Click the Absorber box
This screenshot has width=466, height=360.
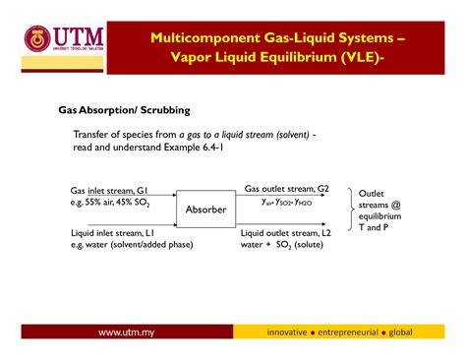[x=206, y=210]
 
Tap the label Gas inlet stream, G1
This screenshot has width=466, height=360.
[x=107, y=189]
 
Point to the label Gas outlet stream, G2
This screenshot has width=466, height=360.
[x=287, y=188]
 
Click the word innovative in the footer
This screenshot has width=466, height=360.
[x=295, y=331]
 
